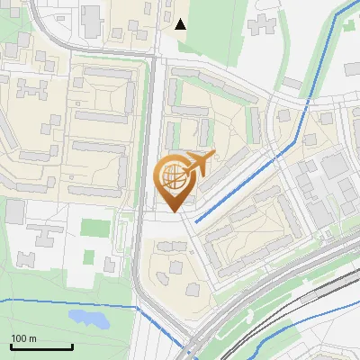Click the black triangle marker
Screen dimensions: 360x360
point(181,24)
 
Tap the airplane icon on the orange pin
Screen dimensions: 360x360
point(199,163)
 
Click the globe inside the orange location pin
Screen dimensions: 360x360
point(175,177)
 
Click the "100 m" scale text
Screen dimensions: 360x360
point(23,338)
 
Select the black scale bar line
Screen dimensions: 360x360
point(41,347)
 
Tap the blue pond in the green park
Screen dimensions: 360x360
point(87,319)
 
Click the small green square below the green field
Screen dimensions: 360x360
point(89,257)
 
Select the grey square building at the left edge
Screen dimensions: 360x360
point(14,212)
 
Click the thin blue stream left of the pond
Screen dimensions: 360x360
point(36,300)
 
